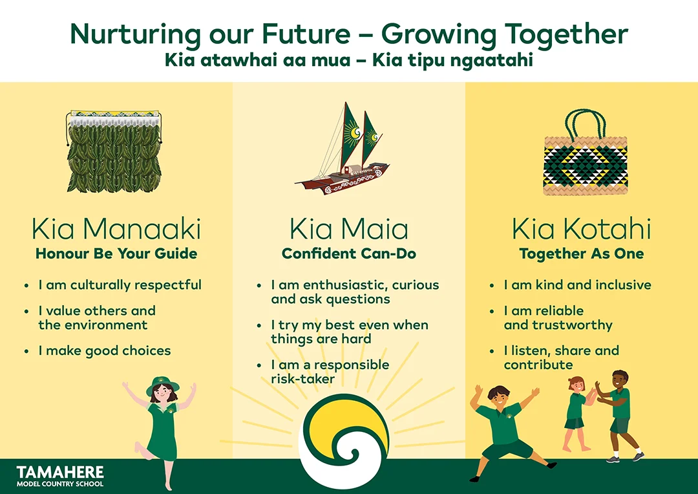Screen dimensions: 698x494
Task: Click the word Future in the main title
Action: click(x=306, y=34)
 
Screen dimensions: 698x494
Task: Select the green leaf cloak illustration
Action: click(x=114, y=151)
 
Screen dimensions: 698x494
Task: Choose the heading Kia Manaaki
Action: click(x=116, y=229)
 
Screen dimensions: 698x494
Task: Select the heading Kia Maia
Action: click(x=349, y=229)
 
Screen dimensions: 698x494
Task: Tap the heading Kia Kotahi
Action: click(x=582, y=229)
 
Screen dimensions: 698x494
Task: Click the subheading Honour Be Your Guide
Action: click(x=116, y=254)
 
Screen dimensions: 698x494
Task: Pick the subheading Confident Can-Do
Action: click(x=349, y=254)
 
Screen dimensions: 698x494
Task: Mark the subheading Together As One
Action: click(x=582, y=254)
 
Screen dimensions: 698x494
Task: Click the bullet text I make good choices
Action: click(x=105, y=351)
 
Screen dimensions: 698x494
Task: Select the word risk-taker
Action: click(x=302, y=379)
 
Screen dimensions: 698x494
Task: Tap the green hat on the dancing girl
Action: click(x=162, y=385)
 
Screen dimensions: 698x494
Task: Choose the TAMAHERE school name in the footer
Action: click(x=60, y=472)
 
